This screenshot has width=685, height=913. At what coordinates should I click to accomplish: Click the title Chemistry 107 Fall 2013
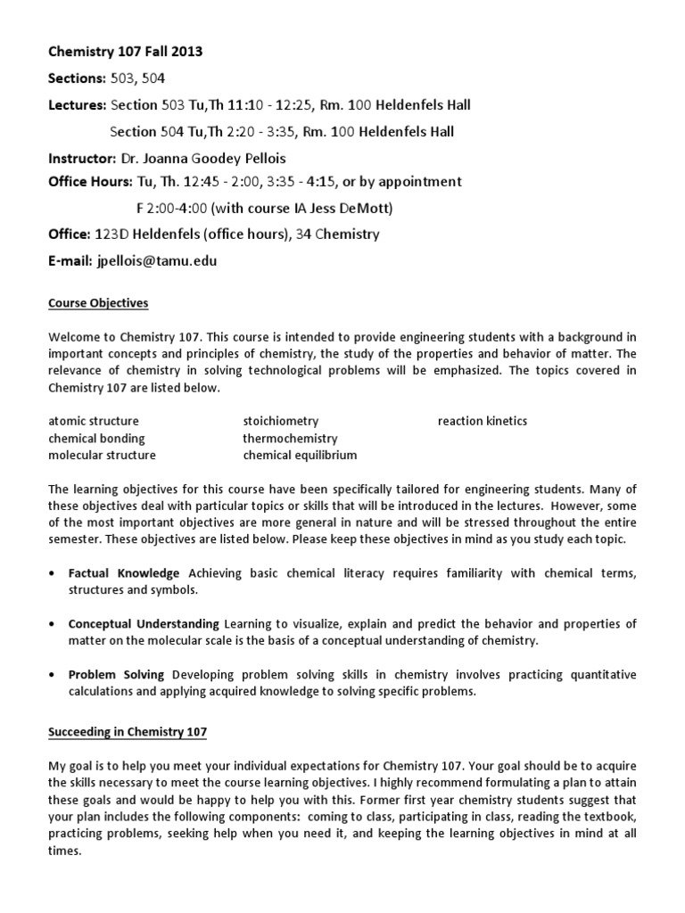(125, 52)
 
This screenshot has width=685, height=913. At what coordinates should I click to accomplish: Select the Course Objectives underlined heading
(98, 303)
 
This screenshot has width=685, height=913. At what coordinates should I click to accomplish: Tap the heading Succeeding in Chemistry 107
(128, 732)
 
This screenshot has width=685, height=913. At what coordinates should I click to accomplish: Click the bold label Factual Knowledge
(124, 573)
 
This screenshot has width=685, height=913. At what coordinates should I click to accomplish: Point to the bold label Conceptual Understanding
(144, 624)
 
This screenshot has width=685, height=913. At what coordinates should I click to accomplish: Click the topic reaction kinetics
(482, 421)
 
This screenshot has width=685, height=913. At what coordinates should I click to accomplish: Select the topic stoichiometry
(280, 421)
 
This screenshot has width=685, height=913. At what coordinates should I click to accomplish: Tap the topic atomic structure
(94, 421)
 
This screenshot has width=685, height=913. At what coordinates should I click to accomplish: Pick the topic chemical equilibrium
(300, 455)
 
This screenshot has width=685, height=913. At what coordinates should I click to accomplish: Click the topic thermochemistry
(290, 438)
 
